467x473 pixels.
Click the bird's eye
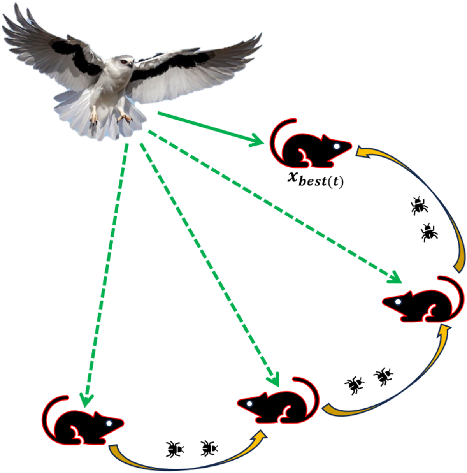124,62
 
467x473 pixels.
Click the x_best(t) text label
315,180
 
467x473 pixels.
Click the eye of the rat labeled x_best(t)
337,146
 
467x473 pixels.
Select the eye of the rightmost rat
398,302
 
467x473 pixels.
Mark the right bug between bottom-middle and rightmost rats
383,376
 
